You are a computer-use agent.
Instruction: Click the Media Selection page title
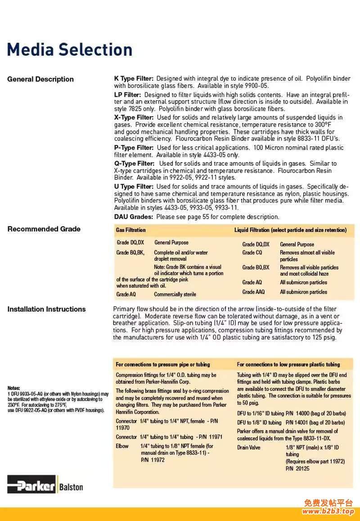point(70,50)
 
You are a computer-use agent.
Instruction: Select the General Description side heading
point(40,79)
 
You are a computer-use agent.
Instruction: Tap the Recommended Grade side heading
point(44,229)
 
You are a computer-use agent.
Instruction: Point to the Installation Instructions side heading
point(46,309)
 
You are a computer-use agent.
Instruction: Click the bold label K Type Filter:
point(134,78)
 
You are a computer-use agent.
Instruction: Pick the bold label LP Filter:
point(127,95)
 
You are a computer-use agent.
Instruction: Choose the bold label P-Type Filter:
point(134,148)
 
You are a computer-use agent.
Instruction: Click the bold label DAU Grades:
point(133,217)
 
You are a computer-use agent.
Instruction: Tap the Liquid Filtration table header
point(290,230)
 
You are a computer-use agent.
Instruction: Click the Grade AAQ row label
point(253,292)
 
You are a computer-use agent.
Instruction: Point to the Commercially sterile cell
point(175,294)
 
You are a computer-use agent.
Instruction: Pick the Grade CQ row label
point(252,253)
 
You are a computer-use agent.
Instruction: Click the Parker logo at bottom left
point(31,486)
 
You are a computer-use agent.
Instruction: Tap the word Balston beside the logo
point(71,487)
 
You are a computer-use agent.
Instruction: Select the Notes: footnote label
point(13,388)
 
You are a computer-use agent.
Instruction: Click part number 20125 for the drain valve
point(303,468)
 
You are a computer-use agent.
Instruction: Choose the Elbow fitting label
point(122,446)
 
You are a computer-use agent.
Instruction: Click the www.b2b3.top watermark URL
point(328,511)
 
